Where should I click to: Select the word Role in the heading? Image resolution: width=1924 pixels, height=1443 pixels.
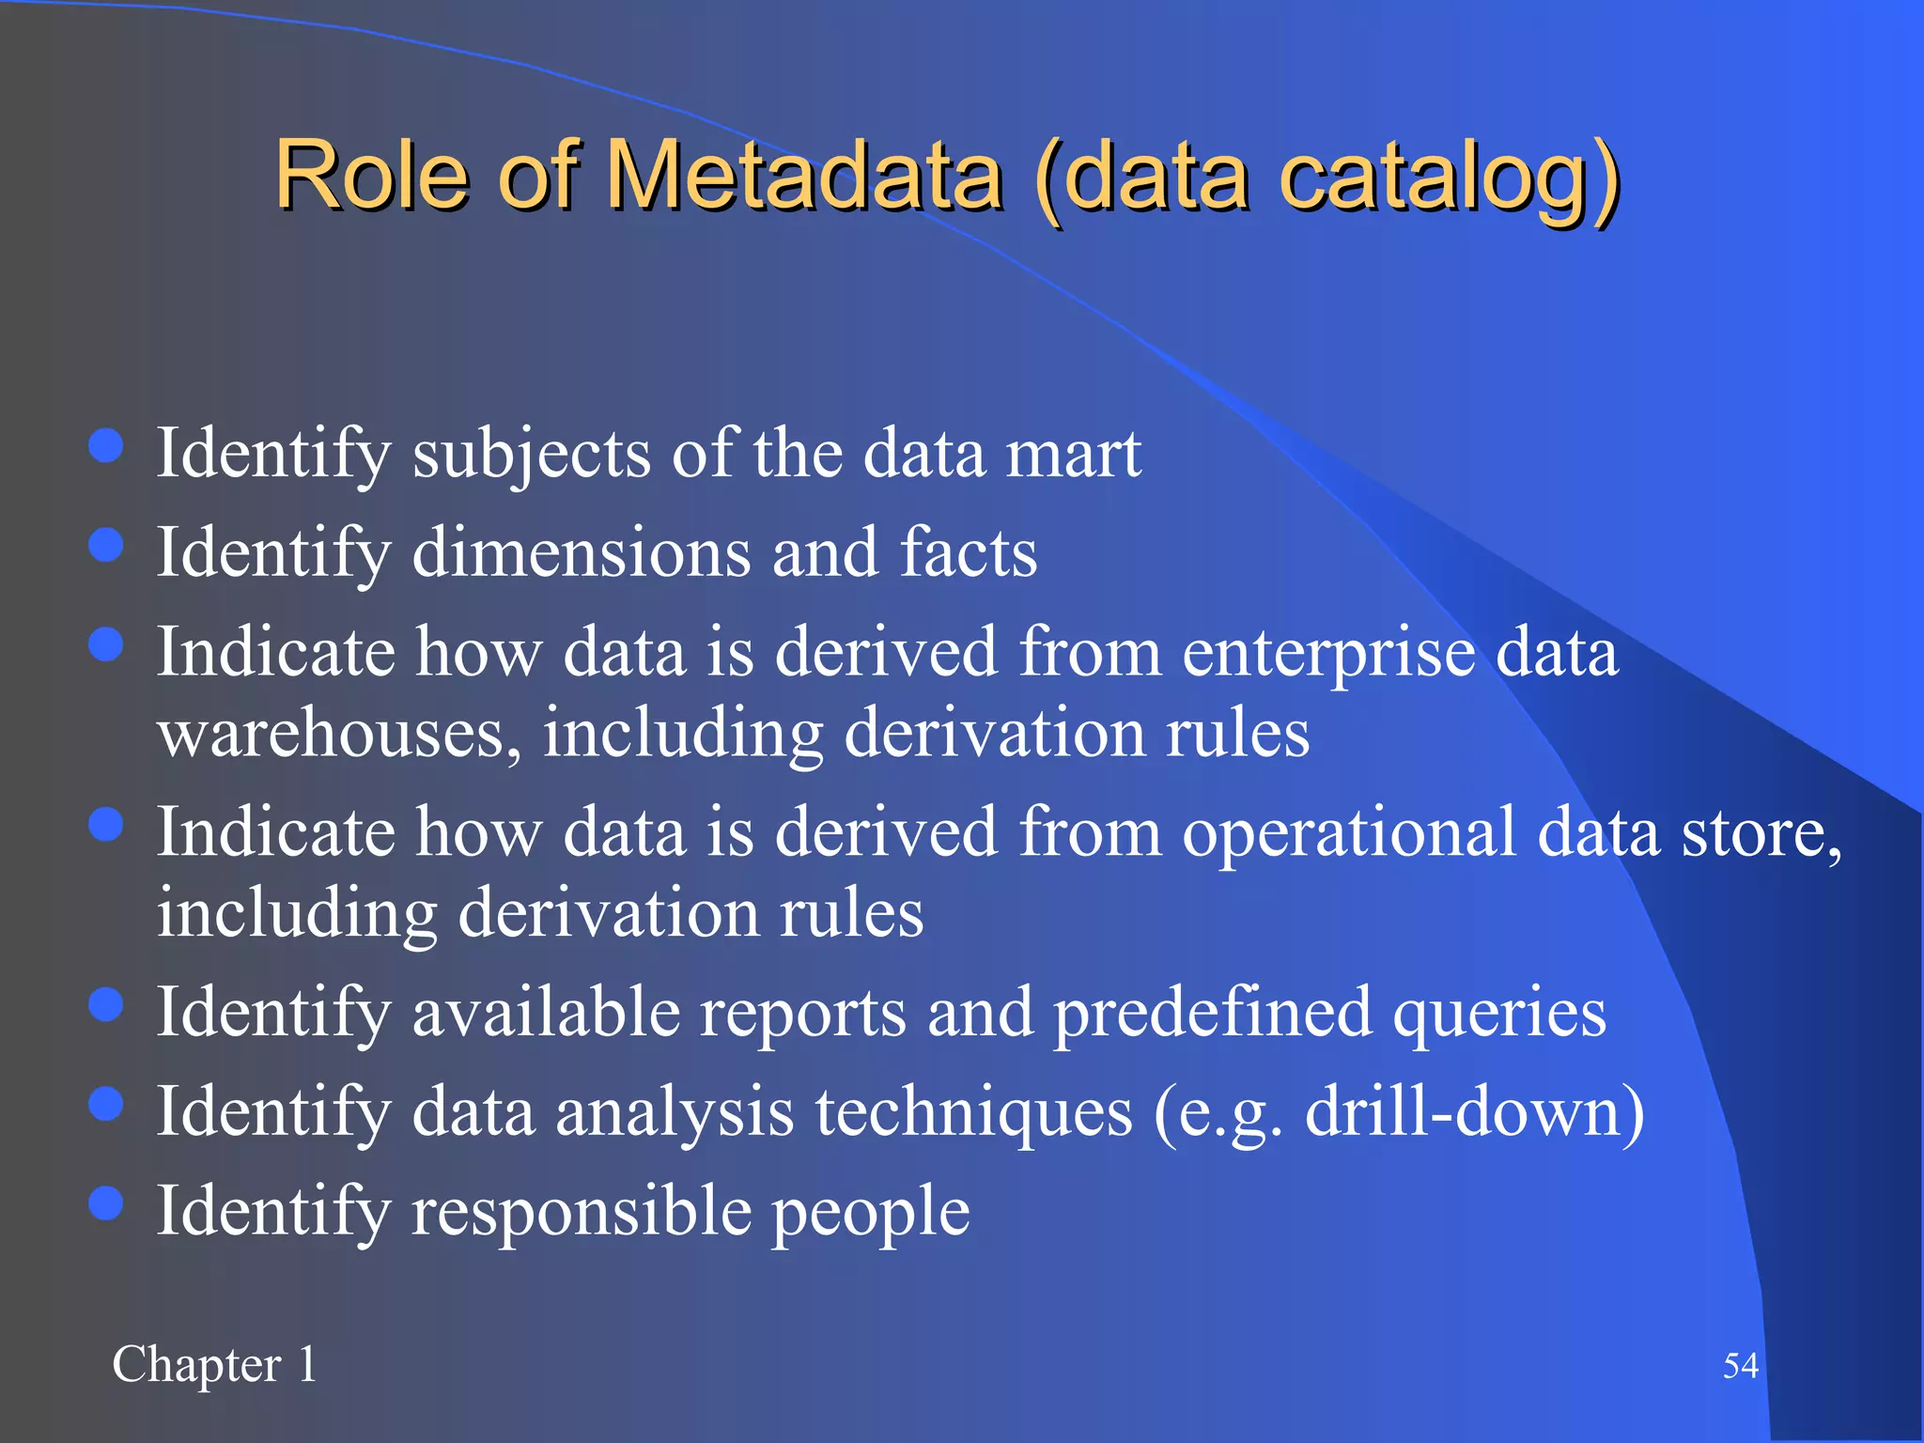[371, 176]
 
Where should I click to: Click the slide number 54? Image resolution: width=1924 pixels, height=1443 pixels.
[1740, 1365]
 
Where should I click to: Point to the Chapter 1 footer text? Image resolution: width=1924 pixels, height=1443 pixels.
[214, 1365]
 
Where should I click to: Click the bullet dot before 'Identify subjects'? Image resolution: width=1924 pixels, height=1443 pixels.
[106, 446]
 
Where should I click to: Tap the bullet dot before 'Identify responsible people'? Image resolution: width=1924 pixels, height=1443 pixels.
[106, 1203]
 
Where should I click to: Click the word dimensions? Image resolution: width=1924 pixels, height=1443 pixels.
[582, 552]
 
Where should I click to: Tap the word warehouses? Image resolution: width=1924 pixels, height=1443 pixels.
[339, 734]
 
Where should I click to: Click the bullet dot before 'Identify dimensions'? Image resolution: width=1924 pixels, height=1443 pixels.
[106, 545]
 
